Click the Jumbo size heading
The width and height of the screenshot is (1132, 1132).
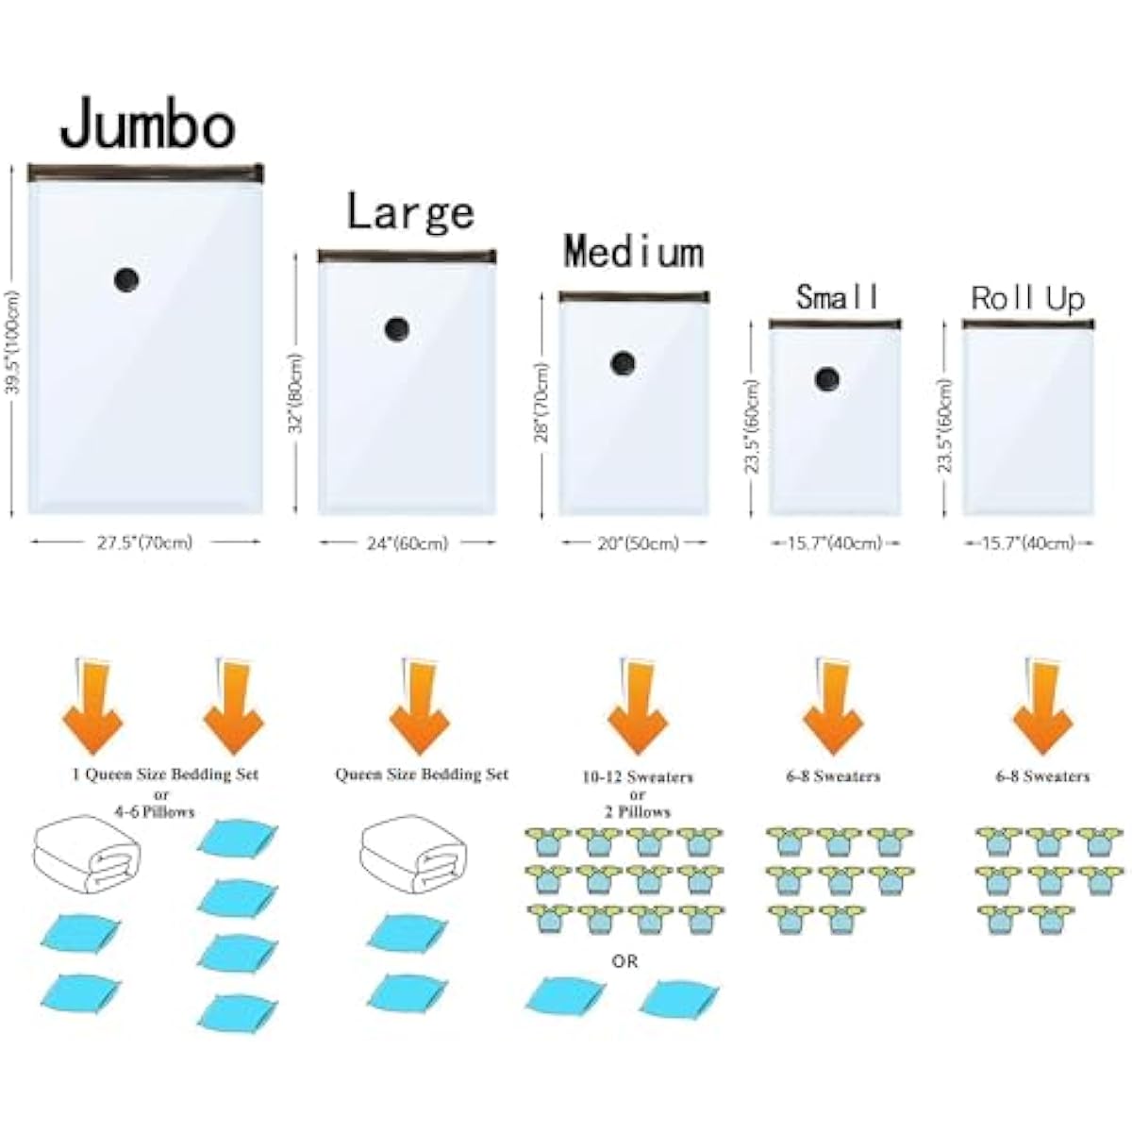[148, 124]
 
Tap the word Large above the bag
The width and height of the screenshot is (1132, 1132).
[410, 212]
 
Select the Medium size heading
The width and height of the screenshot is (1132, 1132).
[634, 252]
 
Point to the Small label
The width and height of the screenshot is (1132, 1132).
[837, 296]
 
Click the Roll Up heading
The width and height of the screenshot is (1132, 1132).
[1027, 298]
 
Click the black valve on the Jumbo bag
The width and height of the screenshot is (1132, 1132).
[126, 279]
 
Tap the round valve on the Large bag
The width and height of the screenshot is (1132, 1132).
[397, 329]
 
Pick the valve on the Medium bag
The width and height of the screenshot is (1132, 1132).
[623, 363]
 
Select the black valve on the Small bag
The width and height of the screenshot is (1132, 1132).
[827, 379]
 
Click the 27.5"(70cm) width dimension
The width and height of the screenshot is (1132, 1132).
[145, 542]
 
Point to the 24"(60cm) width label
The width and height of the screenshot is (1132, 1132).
[408, 543]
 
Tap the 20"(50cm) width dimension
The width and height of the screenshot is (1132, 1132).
[638, 543]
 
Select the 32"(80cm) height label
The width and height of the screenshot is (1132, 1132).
[296, 392]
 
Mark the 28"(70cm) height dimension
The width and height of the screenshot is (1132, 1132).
[541, 403]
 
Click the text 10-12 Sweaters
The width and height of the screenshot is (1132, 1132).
[638, 777]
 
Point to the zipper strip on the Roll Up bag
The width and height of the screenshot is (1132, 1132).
[1028, 324]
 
